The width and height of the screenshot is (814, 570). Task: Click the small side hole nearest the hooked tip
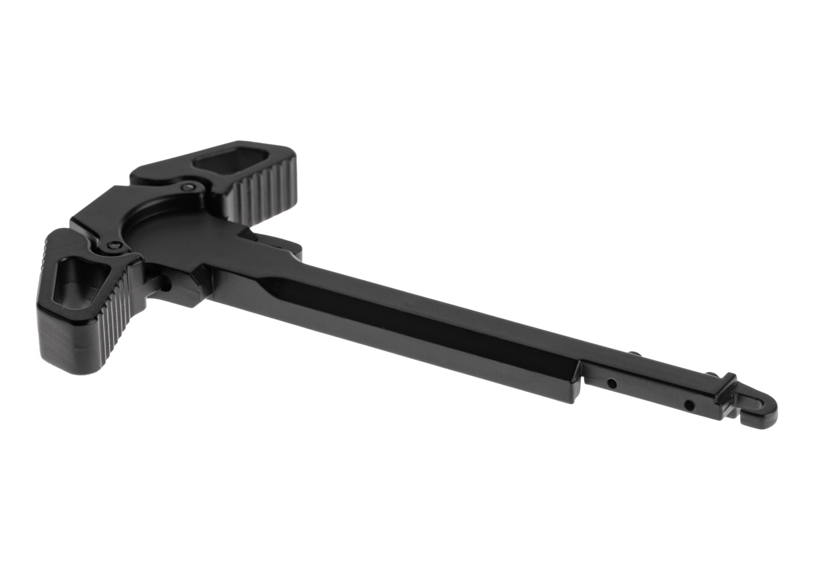click(690, 404)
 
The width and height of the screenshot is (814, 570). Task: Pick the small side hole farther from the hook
click(612, 384)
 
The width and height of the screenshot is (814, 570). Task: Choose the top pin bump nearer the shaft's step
click(636, 351)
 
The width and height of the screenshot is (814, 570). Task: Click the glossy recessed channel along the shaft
click(407, 314)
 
